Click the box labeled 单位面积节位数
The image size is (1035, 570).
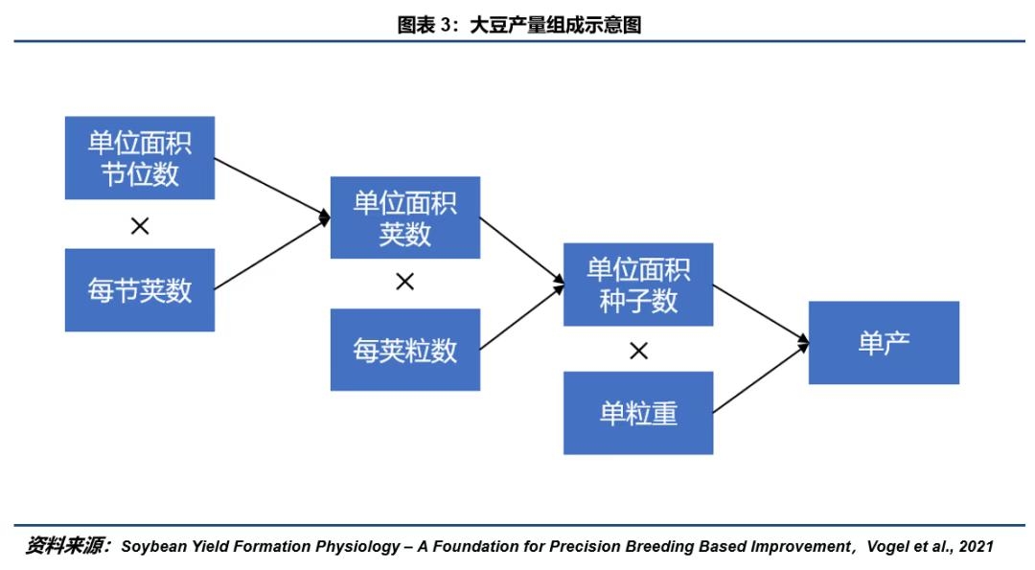click(x=140, y=158)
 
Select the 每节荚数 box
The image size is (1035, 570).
click(x=140, y=289)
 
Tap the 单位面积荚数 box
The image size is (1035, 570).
click(x=405, y=217)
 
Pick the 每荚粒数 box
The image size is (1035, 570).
click(x=405, y=350)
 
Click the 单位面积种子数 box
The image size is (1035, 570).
click(x=638, y=285)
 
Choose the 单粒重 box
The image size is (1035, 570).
click(x=638, y=413)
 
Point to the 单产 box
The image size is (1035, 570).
click(x=884, y=342)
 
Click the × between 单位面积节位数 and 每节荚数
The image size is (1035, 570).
click(x=140, y=226)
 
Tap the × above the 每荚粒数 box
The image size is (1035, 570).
click(x=404, y=282)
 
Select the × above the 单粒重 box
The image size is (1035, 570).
click(x=638, y=351)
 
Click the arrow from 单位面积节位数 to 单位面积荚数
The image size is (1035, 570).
click(x=272, y=188)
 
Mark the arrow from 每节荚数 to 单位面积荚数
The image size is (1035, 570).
click(x=272, y=253)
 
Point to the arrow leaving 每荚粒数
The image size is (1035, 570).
click(x=522, y=317)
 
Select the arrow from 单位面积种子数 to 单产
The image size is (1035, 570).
click(x=761, y=314)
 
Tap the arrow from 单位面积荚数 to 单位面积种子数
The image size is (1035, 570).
click(x=522, y=251)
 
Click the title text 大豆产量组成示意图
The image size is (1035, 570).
click(x=556, y=25)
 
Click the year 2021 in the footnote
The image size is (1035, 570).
click(x=977, y=547)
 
